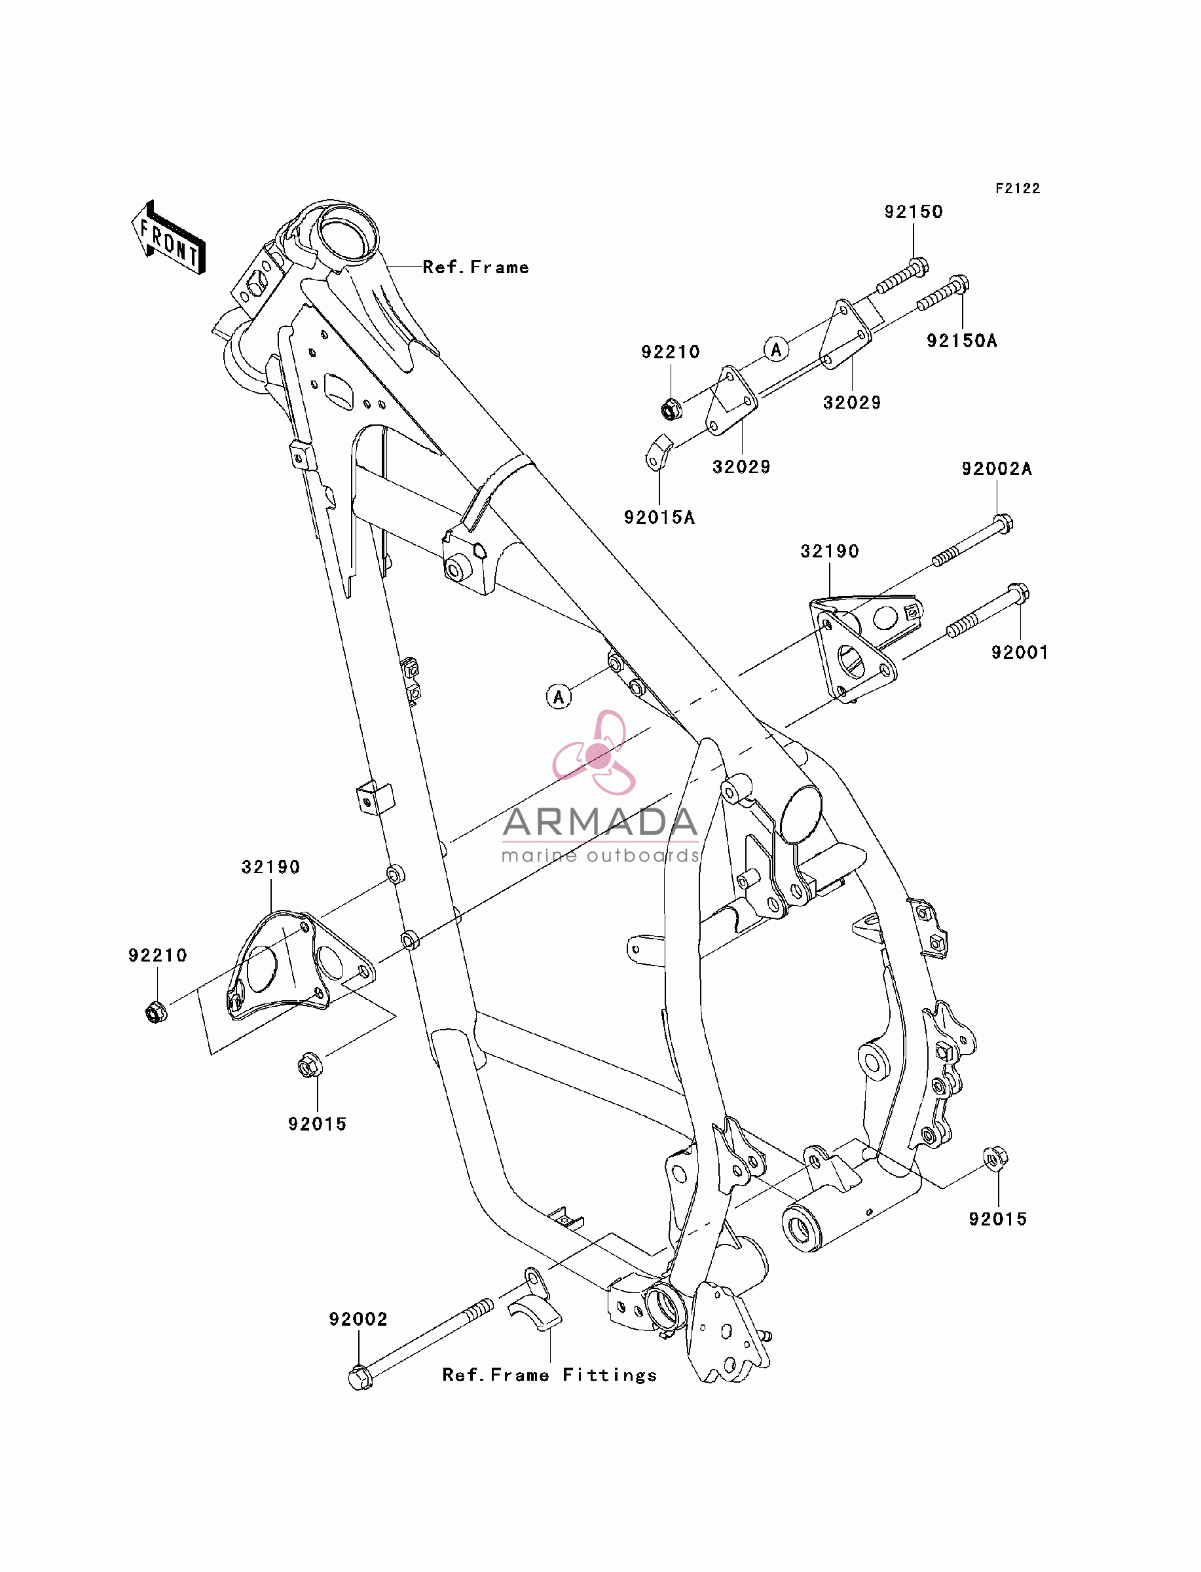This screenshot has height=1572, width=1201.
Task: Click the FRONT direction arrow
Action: click(x=168, y=237)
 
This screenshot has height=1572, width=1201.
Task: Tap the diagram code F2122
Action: click(x=1018, y=188)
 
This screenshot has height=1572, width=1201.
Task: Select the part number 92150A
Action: click(x=961, y=341)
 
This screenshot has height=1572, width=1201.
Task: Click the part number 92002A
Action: click(x=997, y=469)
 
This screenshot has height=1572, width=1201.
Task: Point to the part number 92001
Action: click(x=1020, y=652)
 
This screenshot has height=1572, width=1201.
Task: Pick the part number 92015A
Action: click(x=659, y=517)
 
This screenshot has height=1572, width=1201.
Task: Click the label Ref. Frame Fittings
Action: click(x=549, y=1375)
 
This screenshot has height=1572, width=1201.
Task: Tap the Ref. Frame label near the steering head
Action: click(x=475, y=267)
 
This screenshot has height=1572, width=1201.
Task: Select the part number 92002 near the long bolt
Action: click(x=358, y=1319)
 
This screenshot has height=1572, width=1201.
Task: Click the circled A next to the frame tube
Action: click(x=559, y=696)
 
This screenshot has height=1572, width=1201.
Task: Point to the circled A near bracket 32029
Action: click(x=777, y=349)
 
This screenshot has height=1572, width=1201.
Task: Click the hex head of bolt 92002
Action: click(x=360, y=1377)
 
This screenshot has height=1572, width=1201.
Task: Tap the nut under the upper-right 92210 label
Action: click(x=671, y=409)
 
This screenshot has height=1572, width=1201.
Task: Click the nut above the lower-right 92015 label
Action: click(x=996, y=1158)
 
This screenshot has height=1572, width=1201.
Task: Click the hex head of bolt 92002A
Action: click(x=1003, y=523)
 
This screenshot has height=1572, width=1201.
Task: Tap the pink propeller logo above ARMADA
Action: click(x=595, y=752)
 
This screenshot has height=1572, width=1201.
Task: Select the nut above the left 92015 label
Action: click(x=310, y=1066)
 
